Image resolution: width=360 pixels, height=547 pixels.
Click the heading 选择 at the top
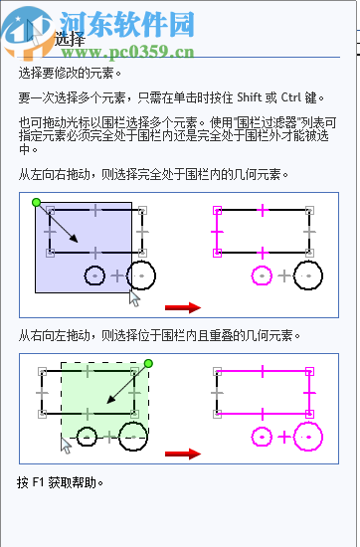point(70,40)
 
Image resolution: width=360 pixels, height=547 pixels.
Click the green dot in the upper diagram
point(36,203)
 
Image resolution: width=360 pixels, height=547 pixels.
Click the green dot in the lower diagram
point(147,364)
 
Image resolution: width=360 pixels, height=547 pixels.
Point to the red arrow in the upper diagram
point(183,307)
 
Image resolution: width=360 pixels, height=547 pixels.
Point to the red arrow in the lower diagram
point(183,455)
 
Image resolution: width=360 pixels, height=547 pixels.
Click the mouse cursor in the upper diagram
point(135,296)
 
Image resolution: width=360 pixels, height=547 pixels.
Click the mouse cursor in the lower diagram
point(67,443)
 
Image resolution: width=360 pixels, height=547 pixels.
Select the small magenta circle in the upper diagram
point(262,273)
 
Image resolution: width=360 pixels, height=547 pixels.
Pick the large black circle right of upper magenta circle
point(307,273)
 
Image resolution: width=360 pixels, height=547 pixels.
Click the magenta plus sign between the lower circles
point(285,436)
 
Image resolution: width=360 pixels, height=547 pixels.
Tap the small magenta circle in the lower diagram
point(263,436)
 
